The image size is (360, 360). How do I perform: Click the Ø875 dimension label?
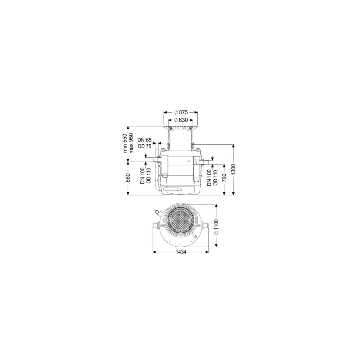(x=181, y=112)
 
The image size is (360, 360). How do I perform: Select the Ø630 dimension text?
(x=181, y=120)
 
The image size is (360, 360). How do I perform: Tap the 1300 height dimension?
(x=233, y=170)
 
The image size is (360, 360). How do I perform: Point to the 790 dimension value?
(x=224, y=178)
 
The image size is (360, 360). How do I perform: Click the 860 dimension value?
(x=128, y=178)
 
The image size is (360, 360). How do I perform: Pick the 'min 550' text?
(x=125, y=143)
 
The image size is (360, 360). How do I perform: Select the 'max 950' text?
(x=131, y=143)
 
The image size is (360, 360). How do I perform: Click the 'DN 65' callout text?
(x=144, y=140)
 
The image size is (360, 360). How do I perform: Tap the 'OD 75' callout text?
(x=144, y=146)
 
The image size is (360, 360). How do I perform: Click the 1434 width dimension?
(x=181, y=252)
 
